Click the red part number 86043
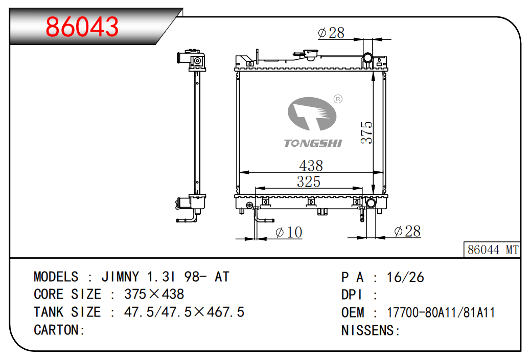pos(82,27)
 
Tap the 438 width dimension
pos(311,166)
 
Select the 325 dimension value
pos(309,182)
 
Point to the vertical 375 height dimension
pos(366,132)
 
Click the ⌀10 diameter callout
pos(289,233)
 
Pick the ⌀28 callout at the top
pos(331,33)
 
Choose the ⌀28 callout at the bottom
pos(407,232)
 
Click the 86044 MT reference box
pos(492,250)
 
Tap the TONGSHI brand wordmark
pos(313,143)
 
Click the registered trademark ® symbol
pos(338,99)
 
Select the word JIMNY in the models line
pos(120,277)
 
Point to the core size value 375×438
pos(154,294)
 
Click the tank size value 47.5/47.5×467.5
pos(184,312)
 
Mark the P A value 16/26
pos(405,278)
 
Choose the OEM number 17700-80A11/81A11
pos(441,312)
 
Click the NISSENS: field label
pos(371,330)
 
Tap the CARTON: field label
pos(59,330)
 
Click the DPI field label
pos(352,295)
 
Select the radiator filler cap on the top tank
pos(311,54)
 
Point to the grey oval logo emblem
pos(312,114)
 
